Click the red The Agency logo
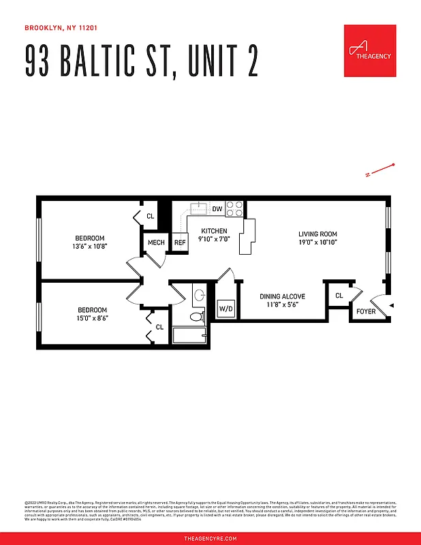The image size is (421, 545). click(x=370, y=51)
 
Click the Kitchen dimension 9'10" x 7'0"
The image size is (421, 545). click(x=214, y=240)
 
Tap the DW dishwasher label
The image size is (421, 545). click(x=217, y=208)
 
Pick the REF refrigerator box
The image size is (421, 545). click(x=180, y=243)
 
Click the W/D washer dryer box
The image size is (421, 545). click(x=225, y=309)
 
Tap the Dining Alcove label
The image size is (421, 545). click(x=282, y=297)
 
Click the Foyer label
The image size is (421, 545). click(x=366, y=311)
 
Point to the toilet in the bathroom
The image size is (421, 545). click(x=197, y=316)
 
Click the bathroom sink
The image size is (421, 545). click(x=199, y=295)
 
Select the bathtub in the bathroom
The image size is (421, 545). click(x=191, y=335)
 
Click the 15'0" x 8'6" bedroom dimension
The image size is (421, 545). click(x=92, y=317)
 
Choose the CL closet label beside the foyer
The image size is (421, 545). click(x=339, y=296)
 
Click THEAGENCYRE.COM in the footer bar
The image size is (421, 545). click(x=210, y=538)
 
